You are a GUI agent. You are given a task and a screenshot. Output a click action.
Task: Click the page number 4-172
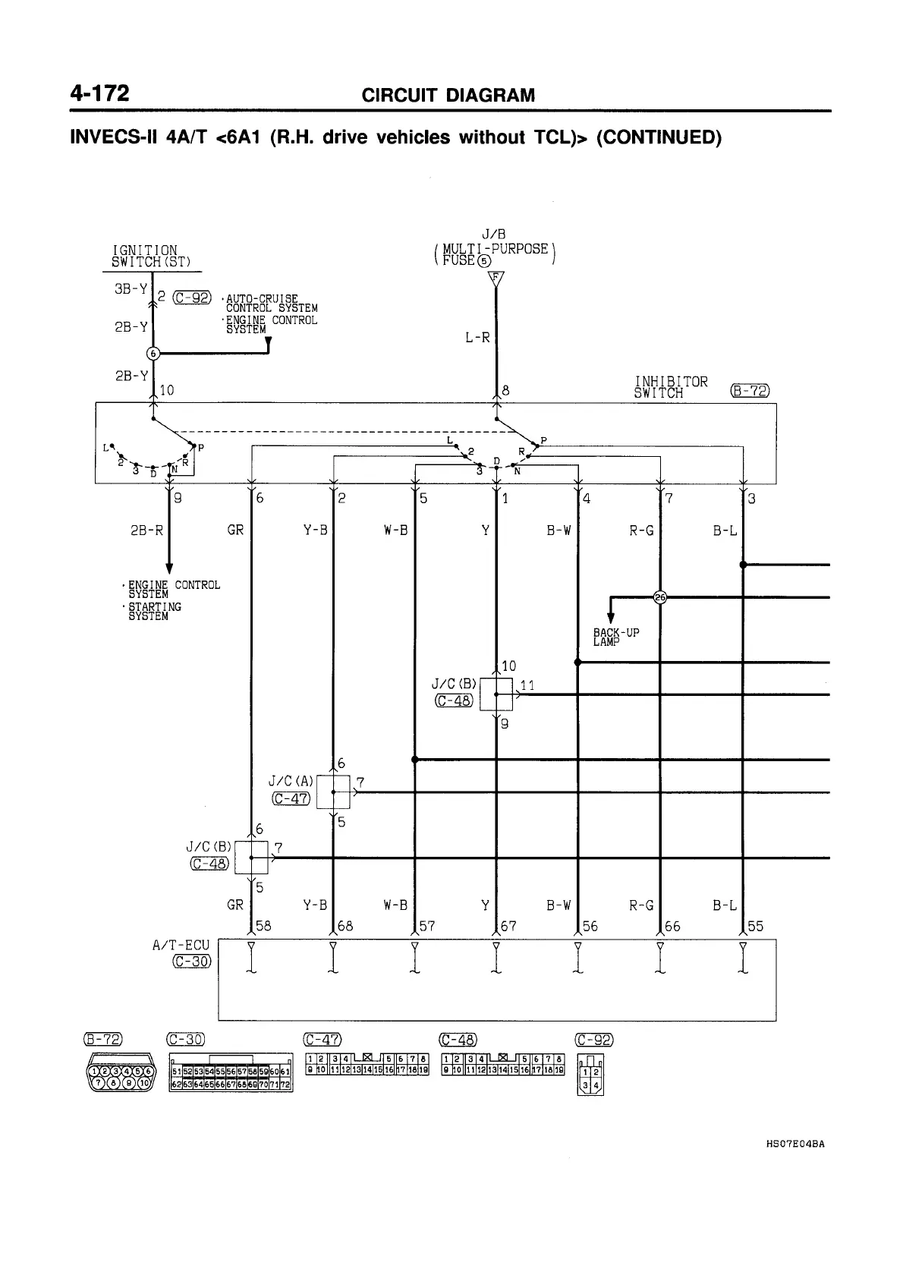point(99,93)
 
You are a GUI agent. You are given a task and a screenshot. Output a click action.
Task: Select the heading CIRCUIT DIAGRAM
point(448,96)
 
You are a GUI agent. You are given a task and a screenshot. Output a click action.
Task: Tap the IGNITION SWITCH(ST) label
point(145,257)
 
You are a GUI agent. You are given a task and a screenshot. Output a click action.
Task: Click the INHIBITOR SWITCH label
point(671,387)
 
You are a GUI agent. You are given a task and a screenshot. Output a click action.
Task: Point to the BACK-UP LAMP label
point(615,637)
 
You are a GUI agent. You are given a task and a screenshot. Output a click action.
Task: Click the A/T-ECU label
point(181,945)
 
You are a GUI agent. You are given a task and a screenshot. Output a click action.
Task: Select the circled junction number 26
point(659,597)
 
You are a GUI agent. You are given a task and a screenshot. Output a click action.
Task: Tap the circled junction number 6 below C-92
point(153,353)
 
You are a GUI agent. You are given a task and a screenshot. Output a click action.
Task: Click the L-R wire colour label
point(477,337)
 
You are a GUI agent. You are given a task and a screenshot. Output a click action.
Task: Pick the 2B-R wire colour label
point(148,530)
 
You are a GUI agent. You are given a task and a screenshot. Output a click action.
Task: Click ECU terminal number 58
point(263,926)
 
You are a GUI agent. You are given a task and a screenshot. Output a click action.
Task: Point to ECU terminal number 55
point(755,926)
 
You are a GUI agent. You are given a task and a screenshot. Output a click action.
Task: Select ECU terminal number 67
point(508,926)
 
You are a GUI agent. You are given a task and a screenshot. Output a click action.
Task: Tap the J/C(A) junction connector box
point(334,792)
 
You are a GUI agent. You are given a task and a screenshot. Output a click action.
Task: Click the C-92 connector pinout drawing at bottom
point(591,1074)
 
